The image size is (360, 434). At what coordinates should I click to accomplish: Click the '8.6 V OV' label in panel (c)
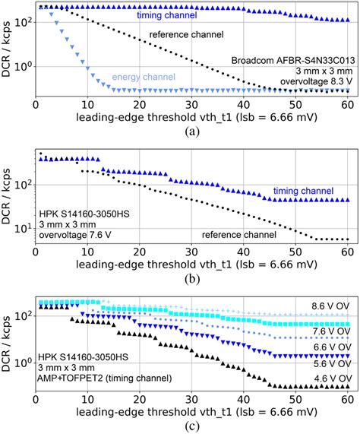coord(328,306)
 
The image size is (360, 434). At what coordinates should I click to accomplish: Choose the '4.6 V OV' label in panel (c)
coord(328,378)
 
